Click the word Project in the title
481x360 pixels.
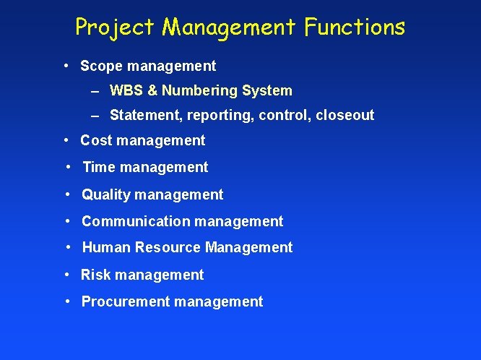click(115, 27)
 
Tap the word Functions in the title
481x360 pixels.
click(355, 27)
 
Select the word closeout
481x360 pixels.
click(344, 116)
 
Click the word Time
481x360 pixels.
click(100, 168)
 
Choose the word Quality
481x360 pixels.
click(106, 194)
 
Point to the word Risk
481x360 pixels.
click(95, 275)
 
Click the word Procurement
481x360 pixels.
click(126, 302)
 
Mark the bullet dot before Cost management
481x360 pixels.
click(66, 140)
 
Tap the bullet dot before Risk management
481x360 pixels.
click(66, 275)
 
